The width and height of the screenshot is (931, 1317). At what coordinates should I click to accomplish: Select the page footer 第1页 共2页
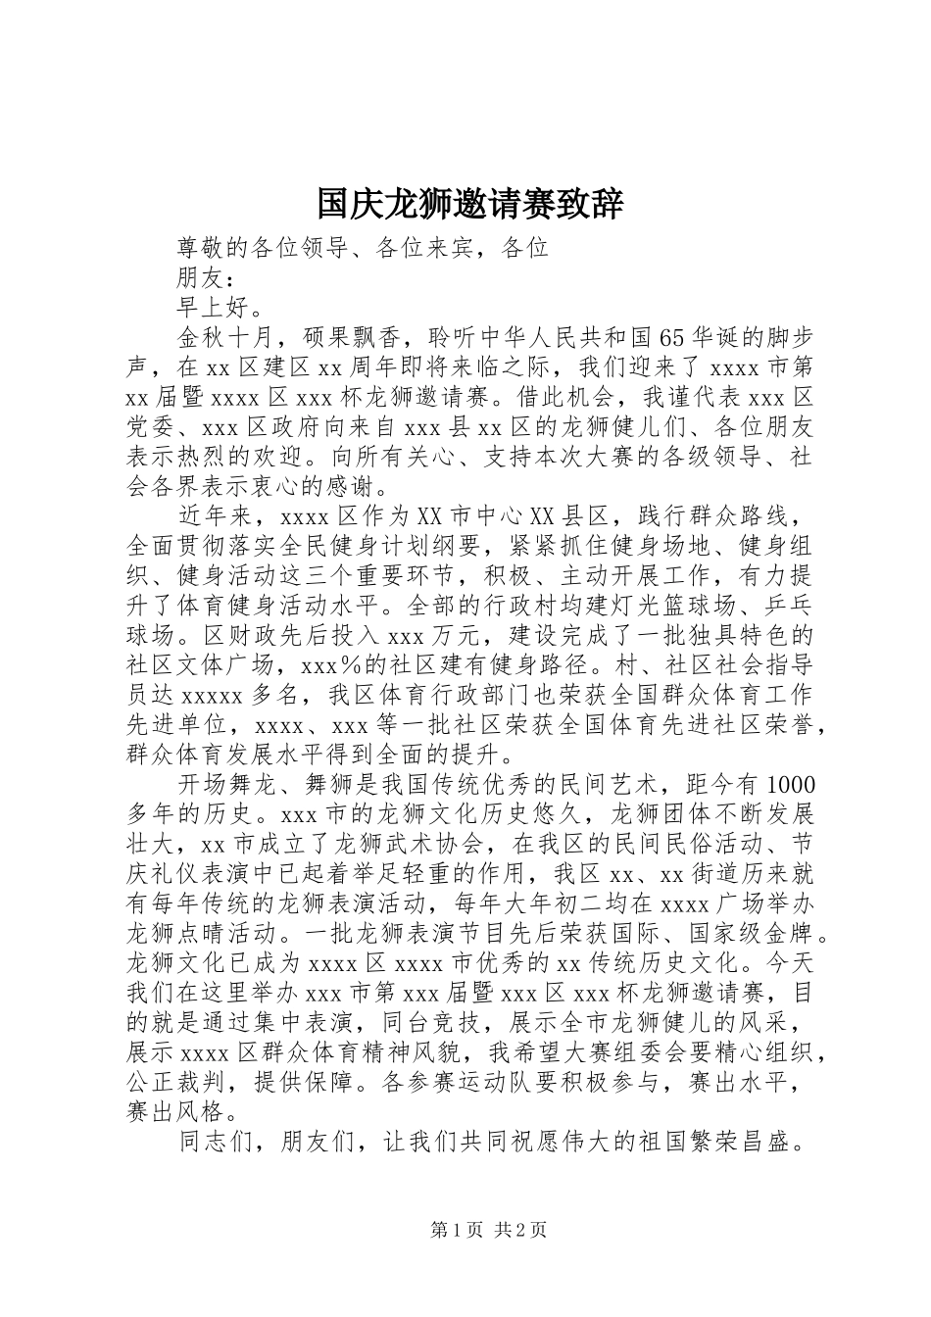489,1230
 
